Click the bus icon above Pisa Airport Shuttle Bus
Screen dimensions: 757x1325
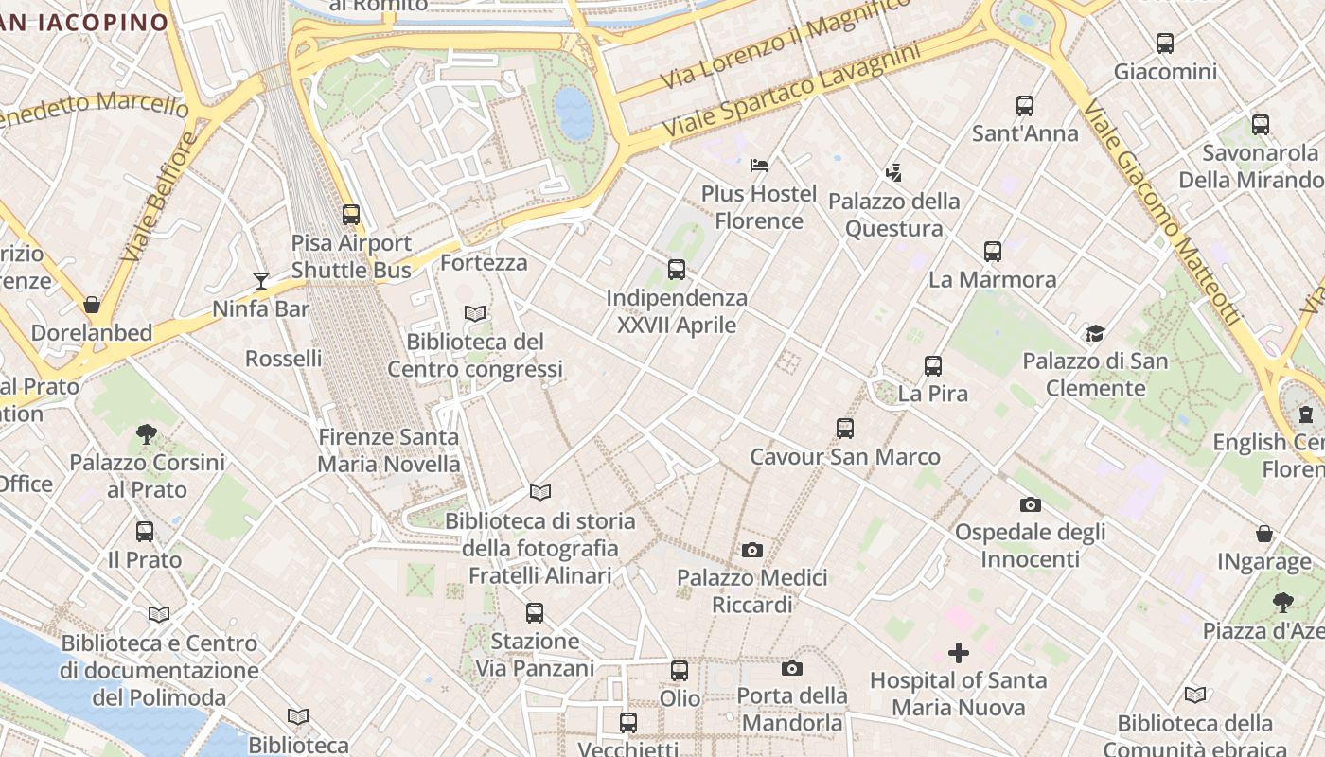(x=351, y=215)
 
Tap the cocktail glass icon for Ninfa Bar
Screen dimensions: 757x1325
(x=261, y=280)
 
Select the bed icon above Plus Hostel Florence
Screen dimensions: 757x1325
(x=759, y=166)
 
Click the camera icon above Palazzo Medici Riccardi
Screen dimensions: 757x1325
(x=752, y=550)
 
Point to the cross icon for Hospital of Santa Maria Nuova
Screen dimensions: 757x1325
(x=959, y=653)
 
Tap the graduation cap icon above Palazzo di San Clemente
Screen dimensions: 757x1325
(x=1095, y=333)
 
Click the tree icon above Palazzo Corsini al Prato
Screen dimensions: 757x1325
(x=147, y=434)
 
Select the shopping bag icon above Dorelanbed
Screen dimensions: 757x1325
(x=92, y=305)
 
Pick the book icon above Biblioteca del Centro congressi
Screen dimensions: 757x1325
(x=475, y=313)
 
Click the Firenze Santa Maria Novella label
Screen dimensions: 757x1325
(x=389, y=450)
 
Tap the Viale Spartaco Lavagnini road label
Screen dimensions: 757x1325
(x=791, y=90)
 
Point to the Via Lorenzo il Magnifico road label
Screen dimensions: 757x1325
(x=785, y=45)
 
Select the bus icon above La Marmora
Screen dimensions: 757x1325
(x=992, y=252)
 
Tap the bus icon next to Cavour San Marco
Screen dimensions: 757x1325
(x=845, y=429)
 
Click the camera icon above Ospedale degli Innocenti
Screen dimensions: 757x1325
(x=1030, y=504)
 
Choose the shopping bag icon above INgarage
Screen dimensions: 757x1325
(x=1264, y=534)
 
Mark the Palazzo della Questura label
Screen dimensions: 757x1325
(x=893, y=215)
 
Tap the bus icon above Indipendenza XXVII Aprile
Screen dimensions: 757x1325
(x=677, y=270)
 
